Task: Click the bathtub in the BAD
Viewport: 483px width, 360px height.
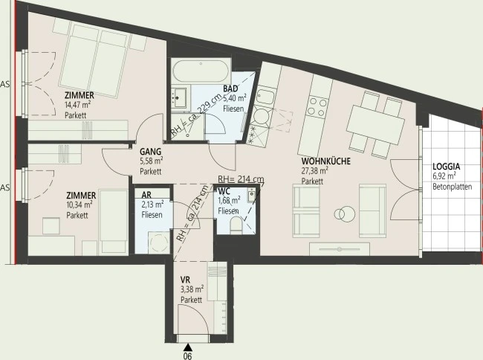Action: click(201, 71)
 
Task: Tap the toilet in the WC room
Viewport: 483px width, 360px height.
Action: click(236, 225)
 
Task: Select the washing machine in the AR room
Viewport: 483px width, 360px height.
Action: click(159, 242)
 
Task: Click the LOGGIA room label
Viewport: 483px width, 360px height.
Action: click(447, 167)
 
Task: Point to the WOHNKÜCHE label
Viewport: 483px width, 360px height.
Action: click(326, 161)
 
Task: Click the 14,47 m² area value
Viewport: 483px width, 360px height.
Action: click(77, 105)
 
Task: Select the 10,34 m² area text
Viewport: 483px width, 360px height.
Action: click(80, 205)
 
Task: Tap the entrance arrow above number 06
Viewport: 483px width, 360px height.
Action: click(187, 347)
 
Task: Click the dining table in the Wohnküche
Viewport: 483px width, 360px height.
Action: click(375, 124)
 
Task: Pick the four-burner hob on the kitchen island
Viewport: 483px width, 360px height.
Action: click(318, 106)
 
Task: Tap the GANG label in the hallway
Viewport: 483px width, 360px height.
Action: click(150, 151)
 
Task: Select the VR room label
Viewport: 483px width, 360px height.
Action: click(185, 280)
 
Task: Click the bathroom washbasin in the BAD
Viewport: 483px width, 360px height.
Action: click(179, 97)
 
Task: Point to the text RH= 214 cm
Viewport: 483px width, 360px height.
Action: click(241, 179)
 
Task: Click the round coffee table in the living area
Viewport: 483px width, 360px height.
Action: click(345, 213)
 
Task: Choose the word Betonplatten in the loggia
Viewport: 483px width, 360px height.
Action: click(453, 187)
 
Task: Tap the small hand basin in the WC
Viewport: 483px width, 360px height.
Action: click(251, 194)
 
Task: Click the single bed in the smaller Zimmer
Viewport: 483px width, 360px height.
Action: click(114, 222)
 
